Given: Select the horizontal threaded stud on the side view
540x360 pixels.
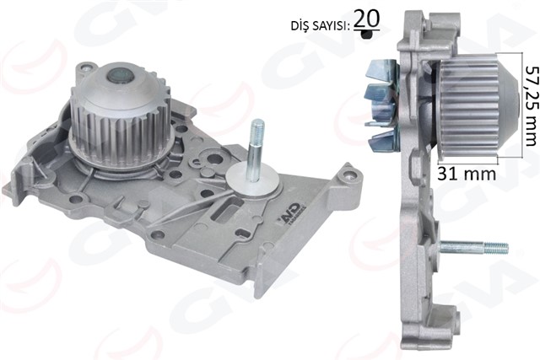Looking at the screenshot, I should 472,248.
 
